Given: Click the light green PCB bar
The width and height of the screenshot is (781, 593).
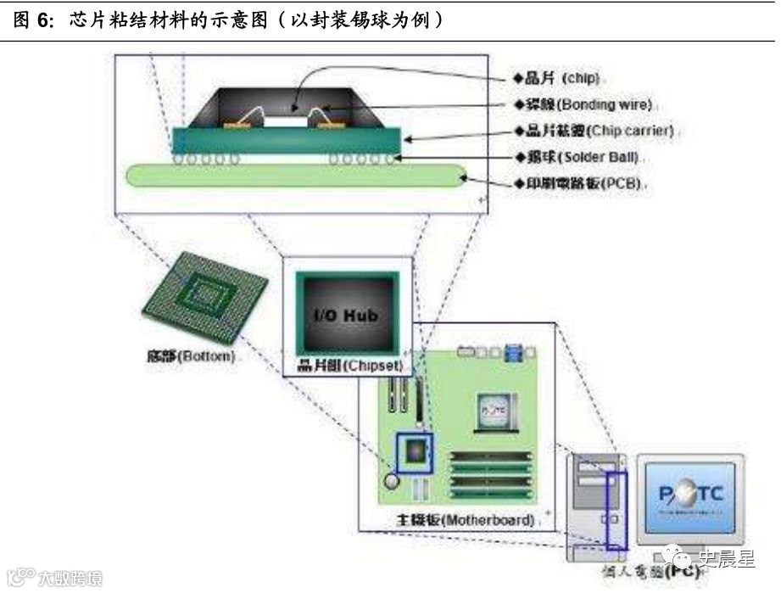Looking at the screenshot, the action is (x=296, y=176).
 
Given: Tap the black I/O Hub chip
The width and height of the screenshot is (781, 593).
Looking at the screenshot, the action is (x=346, y=315).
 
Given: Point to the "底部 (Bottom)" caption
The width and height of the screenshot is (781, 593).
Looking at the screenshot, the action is (x=190, y=356).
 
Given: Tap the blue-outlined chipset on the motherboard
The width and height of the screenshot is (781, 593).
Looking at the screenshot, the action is (x=415, y=452).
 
